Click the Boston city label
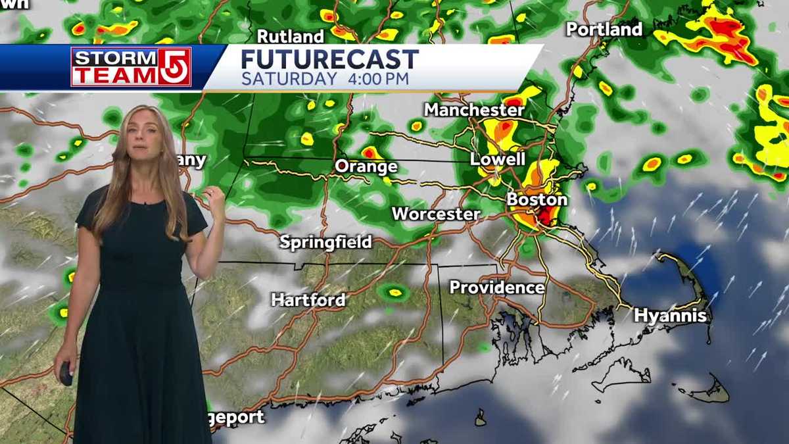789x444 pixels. pyautogui.click(x=537, y=199)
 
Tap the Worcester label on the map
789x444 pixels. pyautogui.click(x=436, y=214)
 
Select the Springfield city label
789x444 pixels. pyautogui.click(x=325, y=242)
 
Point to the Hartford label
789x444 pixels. pyautogui.click(x=308, y=301)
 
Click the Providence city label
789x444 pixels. pyautogui.click(x=497, y=287)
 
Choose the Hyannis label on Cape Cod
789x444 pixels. pyautogui.click(x=670, y=316)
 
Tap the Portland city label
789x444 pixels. pyautogui.click(x=604, y=30)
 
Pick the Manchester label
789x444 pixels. pyautogui.click(x=474, y=110)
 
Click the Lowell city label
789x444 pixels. pyautogui.click(x=497, y=159)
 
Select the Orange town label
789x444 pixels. pyautogui.click(x=366, y=166)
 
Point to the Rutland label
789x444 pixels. pyautogui.click(x=290, y=36)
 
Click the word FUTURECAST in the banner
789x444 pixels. pyautogui.click(x=329, y=60)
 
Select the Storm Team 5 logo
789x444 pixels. pyautogui.click(x=131, y=67)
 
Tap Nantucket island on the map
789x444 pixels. pyautogui.click(x=709, y=393)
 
